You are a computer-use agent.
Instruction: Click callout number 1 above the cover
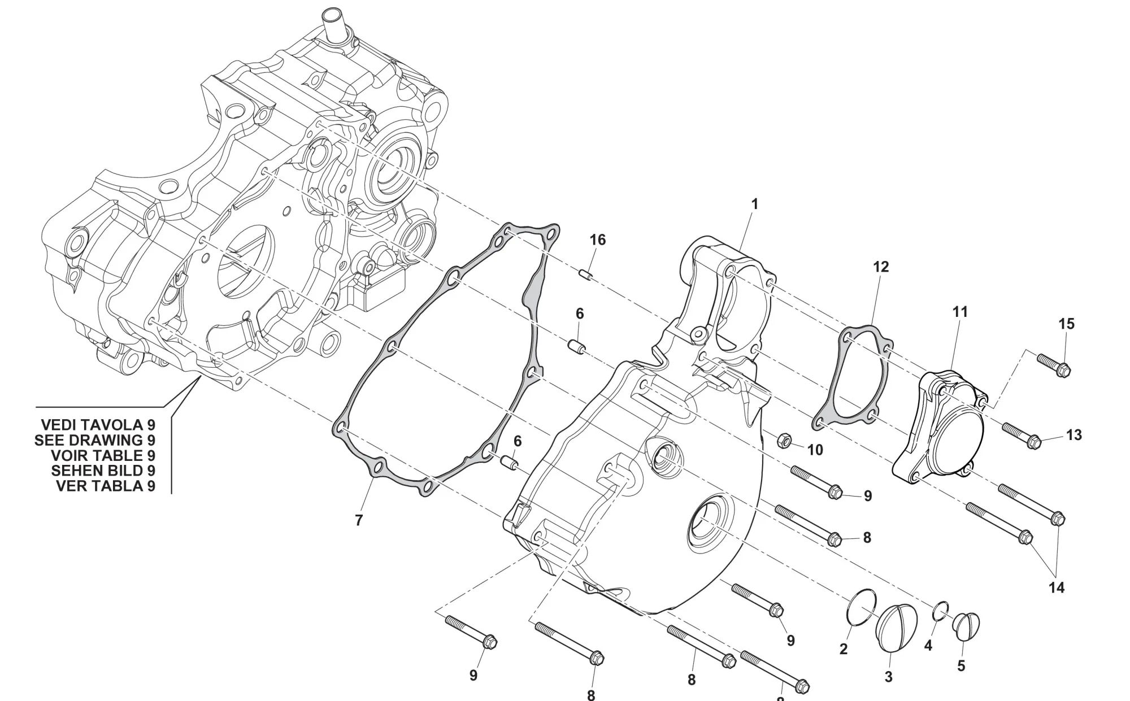(x=754, y=204)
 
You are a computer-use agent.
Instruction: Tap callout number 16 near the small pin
(x=597, y=240)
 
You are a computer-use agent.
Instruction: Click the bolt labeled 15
(x=1054, y=364)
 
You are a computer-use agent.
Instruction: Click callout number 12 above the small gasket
(x=881, y=267)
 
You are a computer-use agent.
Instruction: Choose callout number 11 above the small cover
(x=960, y=312)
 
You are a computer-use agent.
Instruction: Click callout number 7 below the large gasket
(x=358, y=521)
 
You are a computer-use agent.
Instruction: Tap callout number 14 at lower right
(x=1056, y=588)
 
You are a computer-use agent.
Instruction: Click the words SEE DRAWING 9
(x=94, y=440)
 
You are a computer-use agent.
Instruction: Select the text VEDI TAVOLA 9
(x=98, y=425)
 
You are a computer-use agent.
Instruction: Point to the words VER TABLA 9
(x=105, y=486)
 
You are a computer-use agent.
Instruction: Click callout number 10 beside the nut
(x=815, y=450)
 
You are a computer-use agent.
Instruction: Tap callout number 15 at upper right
(x=1066, y=324)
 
